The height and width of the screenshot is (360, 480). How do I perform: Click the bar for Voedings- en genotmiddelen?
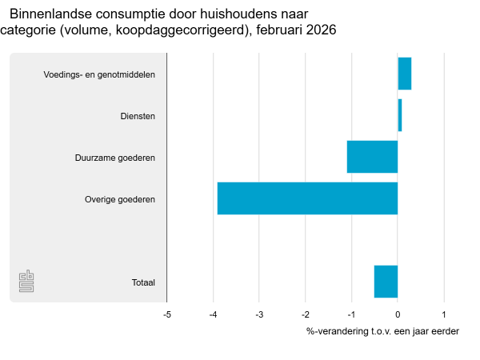point(404,74)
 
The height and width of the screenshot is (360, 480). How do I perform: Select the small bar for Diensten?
point(399,115)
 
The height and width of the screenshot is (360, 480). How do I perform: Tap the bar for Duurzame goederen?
point(372,157)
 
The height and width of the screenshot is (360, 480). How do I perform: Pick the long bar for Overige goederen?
point(307,198)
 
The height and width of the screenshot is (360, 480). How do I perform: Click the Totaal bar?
point(386,282)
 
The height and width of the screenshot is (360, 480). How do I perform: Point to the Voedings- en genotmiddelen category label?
point(99,74)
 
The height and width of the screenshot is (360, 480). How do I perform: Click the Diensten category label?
point(138,116)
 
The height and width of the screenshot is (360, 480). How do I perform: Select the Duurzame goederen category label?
point(115,158)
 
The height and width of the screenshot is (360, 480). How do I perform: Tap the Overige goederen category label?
point(120,199)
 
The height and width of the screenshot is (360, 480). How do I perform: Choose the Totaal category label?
point(143,282)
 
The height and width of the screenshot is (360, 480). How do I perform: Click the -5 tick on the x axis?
point(166,314)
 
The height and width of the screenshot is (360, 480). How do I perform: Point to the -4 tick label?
point(213,314)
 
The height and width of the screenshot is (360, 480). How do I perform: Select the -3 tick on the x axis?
point(259,314)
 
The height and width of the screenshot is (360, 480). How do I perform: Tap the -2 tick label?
point(305,314)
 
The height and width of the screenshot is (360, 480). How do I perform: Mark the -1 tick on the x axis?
point(351,314)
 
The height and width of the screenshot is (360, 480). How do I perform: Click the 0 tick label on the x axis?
point(398,314)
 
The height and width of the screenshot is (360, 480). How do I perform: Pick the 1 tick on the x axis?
point(444,314)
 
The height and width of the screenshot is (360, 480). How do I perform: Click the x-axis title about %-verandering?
point(382,331)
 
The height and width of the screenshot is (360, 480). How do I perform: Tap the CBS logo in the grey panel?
point(26,282)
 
